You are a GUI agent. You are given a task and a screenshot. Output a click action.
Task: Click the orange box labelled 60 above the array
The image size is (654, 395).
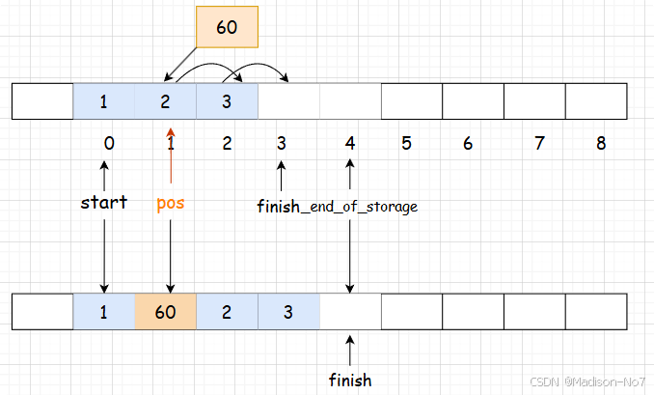227,27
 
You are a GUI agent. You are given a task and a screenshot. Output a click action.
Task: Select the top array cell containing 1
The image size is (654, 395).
103,101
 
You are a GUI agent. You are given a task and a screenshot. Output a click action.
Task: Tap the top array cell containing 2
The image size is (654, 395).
165,101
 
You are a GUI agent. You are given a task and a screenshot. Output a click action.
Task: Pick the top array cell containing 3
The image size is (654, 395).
227,101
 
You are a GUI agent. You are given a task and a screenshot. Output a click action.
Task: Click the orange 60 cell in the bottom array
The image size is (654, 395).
165,313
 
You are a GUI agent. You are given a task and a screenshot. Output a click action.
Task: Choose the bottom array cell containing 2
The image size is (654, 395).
227,313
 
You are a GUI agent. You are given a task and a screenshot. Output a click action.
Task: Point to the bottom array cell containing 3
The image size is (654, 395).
288,313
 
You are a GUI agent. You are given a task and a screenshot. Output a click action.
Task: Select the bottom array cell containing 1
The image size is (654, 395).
103,313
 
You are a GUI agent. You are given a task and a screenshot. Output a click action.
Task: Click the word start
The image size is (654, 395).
104,204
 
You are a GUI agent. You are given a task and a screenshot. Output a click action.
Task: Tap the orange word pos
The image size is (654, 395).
170,204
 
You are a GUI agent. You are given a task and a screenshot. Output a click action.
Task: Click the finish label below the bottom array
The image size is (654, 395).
349,380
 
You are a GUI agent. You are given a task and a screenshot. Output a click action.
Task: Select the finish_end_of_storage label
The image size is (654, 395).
337,206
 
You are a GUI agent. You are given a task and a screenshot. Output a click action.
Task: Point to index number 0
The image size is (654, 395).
108,144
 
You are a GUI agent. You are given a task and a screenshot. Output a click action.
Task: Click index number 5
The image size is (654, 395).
406,144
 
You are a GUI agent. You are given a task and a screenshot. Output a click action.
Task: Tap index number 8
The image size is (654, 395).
601,144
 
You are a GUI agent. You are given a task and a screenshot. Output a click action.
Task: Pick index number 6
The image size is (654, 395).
468,144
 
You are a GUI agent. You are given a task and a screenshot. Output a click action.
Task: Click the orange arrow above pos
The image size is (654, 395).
171,155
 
